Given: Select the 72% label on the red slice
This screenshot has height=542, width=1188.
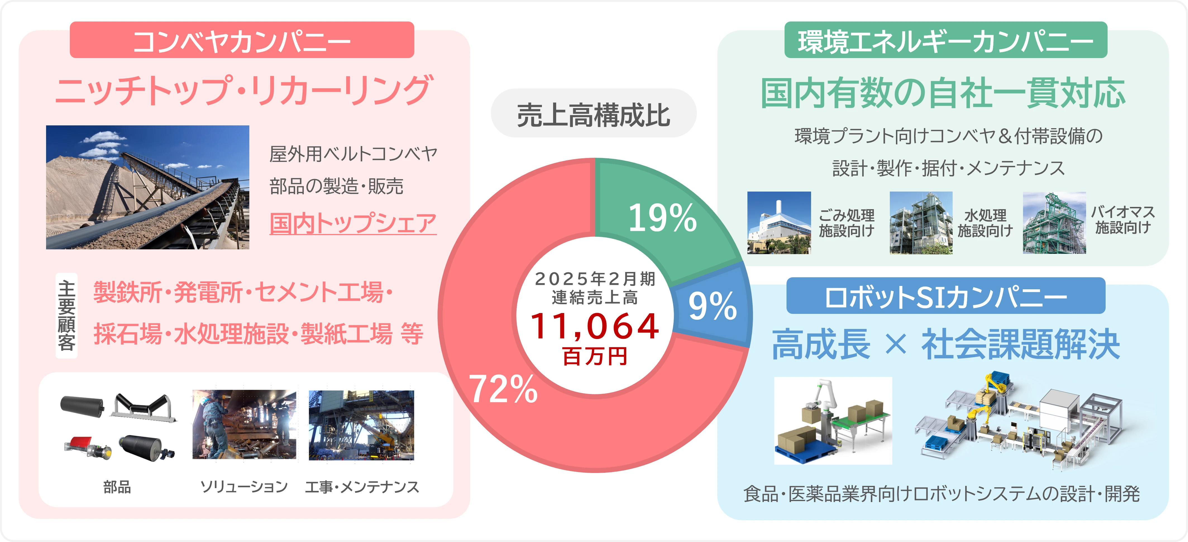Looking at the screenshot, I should [503, 389].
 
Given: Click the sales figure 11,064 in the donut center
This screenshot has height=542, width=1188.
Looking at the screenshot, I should [595, 326].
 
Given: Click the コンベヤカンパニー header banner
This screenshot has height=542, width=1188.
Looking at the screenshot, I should [242, 40].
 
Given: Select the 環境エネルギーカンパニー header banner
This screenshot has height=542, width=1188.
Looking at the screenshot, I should [945, 40].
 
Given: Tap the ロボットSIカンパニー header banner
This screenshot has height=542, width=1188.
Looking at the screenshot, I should [945, 297].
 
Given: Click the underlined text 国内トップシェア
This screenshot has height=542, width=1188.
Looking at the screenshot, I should [353, 223].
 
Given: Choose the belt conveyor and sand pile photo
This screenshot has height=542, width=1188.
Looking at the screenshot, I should [148, 187].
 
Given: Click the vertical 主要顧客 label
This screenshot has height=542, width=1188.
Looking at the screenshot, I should [66, 316].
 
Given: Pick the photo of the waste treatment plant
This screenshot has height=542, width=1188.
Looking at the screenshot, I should [779, 223].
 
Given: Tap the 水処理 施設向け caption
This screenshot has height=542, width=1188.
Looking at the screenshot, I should [985, 223].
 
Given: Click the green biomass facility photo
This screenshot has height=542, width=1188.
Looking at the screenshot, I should [1054, 223].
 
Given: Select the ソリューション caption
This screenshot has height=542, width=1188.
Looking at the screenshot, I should [244, 487].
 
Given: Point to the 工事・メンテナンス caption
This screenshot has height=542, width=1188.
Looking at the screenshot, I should [362, 487].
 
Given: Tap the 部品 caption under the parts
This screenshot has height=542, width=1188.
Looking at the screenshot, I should [117, 487].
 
